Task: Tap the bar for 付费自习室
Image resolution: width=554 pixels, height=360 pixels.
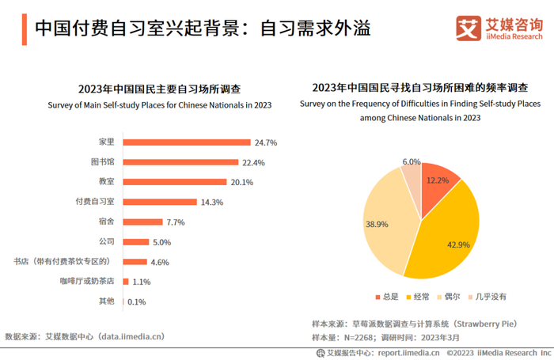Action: (161, 202)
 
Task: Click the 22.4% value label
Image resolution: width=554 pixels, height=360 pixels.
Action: (253, 162)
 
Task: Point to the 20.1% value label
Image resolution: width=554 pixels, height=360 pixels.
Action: (242, 182)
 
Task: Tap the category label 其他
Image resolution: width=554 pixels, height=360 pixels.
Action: (107, 301)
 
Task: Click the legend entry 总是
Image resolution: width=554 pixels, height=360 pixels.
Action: (386, 297)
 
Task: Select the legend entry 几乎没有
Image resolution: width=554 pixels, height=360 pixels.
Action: (485, 297)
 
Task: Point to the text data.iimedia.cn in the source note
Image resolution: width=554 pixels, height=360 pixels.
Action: (131, 336)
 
